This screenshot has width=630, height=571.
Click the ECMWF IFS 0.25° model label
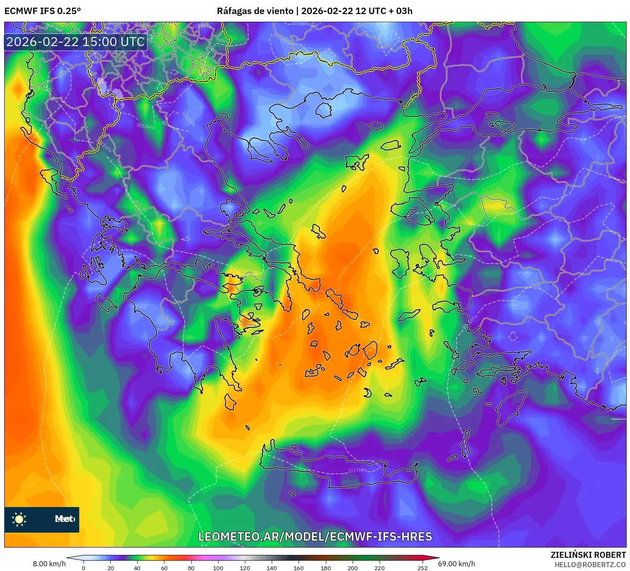pyautogui.click(x=43, y=11)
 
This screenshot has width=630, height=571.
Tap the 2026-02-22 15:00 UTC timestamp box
pyautogui.click(x=75, y=42)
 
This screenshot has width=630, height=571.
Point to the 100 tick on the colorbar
pyautogui.click(x=218, y=568)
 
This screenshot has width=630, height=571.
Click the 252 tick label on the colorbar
pyautogui.click(x=422, y=568)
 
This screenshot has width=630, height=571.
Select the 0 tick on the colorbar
pyautogui.click(x=83, y=568)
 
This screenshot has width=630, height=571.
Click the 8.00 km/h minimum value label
pyautogui.click(x=49, y=564)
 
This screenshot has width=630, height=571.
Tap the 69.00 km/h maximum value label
pyautogui.click(x=456, y=564)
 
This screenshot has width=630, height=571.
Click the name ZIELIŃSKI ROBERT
pyautogui.click(x=588, y=555)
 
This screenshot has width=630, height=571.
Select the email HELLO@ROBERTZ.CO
pyautogui.click(x=590, y=565)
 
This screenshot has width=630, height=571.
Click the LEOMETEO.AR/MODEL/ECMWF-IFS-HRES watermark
pyautogui.click(x=315, y=536)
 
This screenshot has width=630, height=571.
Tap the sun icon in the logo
pyautogui.click(x=19, y=519)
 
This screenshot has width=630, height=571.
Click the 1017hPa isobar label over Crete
pyautogui.click(x=357, y=470)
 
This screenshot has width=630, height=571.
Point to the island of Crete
pyautogui.click(x=337, y=467)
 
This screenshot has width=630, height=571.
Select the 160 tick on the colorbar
pyautogui.click(x=299, y=568)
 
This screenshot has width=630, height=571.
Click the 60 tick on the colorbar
pyautogui.click(x=164, y=568)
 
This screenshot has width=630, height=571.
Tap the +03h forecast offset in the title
pyautogui.click(x=400, y=11)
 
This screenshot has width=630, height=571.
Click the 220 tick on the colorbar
pyautogui.click(x=380, y=568)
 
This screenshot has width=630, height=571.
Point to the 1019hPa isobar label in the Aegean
pyautogui.click(x=342, y=273)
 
